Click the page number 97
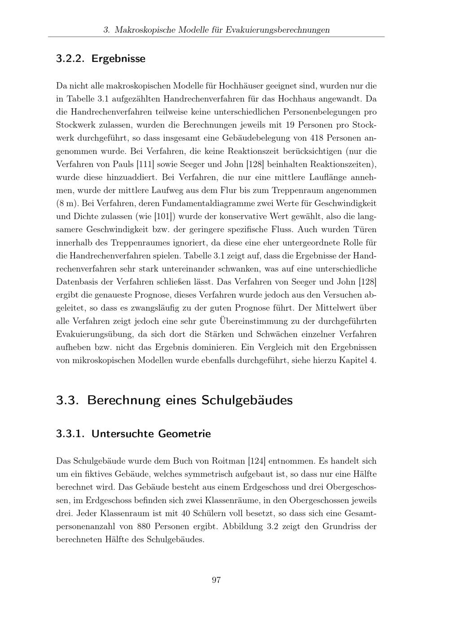(216, 580)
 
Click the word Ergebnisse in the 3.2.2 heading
(118, 59)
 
